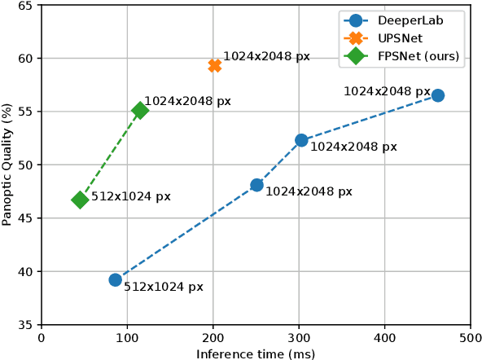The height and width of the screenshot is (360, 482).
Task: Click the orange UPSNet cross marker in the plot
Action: point(214,65)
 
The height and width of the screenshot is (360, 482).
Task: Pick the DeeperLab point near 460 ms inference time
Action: point(437,95)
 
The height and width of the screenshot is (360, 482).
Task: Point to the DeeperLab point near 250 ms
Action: point(256,185)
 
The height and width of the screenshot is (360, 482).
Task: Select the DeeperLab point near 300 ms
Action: point(301,140)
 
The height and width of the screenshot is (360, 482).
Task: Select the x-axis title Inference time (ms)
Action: point(256,353)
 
